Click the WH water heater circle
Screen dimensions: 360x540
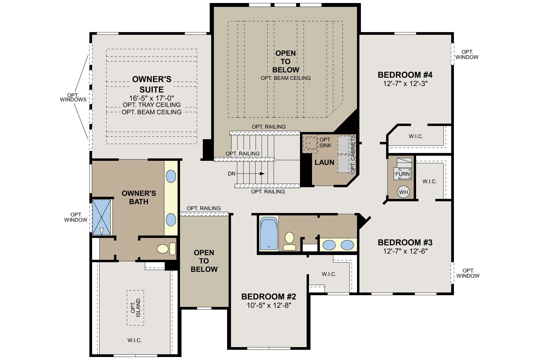[403, 192]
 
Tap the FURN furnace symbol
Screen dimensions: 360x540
[402, 174]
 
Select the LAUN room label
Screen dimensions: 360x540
[324, 162]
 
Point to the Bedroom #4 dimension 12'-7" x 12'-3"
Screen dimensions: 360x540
[405, 84]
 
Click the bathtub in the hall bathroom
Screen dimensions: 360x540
[268, 234]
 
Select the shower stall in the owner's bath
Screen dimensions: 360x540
[101, 217]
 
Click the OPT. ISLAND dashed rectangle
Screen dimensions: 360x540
[135, 307]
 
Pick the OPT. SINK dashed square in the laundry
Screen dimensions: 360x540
[310, 143]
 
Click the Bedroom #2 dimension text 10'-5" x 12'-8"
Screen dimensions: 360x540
[269, 305]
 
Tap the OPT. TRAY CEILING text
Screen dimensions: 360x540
[151, 105]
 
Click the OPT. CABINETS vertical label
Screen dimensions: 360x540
[353, 154]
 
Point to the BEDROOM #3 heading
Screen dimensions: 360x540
[405, 242]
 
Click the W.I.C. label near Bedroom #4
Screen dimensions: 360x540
[415, 136]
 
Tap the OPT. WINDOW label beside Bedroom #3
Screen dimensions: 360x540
[468, 273]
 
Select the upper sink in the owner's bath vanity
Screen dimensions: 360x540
[171, 176]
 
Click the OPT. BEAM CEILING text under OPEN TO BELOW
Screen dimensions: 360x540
[285, 78]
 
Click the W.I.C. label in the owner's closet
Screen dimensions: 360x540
[134, 340]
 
